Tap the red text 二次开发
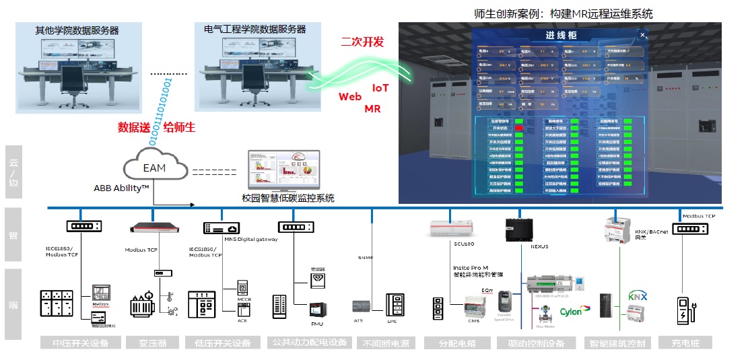[x=362, y=42]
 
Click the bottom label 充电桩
[x=685, y=343]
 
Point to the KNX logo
[x=637, y=295]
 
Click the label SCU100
[x=465, y=244]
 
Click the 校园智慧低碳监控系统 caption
[x=287, y=198]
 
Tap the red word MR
[x=372, y=108]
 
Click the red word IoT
[x=380, y=88]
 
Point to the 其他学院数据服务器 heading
[x=77, y=30]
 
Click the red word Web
[x=349, y=97]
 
